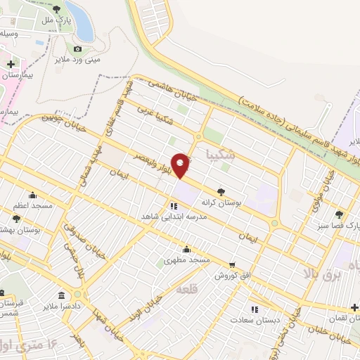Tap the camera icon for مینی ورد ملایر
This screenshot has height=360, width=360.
[77, 49]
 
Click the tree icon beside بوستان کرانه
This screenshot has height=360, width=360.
[221, 191]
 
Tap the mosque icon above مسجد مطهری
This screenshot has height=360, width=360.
[186, 250]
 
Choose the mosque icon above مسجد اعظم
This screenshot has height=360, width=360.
[32, 196]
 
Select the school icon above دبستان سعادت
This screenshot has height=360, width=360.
[255, 309]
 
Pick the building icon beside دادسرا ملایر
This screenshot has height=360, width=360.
[62, 294]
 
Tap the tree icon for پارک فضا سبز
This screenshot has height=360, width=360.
[339, 214]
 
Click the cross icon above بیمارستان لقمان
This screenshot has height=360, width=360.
[355, 307]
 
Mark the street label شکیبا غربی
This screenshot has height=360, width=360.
[154, 116]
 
